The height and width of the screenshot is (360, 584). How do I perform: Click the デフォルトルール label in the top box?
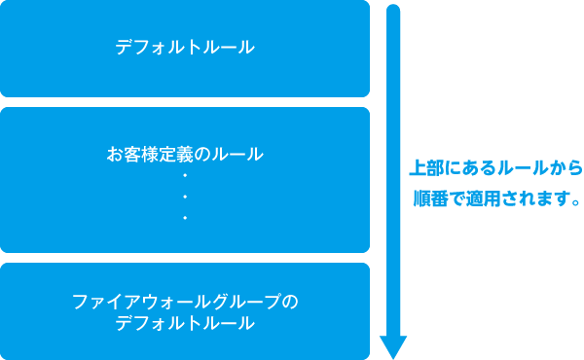coord(185,46)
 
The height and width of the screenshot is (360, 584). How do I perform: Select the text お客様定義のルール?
coord(185,154)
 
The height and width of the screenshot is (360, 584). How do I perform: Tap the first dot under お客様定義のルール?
coord(185,175)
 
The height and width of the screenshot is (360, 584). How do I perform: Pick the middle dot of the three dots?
coord(185,197)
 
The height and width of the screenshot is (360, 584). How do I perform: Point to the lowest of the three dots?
coord(185,218)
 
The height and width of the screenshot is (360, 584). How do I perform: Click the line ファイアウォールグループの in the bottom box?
coord(185,302)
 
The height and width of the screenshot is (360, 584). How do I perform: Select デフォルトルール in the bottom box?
coord(185,322)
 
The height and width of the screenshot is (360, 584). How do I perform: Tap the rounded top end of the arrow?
coord(392,10)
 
